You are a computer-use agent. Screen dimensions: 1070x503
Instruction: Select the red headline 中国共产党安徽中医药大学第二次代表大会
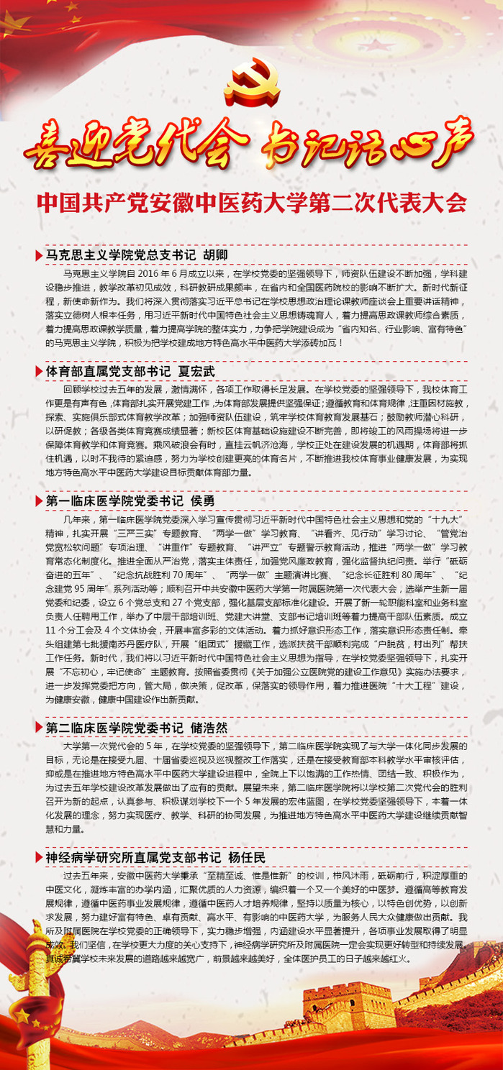[251, 202]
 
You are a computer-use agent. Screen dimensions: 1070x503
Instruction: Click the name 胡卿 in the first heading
[215, 255]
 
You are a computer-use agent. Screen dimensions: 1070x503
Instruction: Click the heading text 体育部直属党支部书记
[109, 372]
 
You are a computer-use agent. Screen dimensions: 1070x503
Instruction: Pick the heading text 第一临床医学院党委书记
[114, 500]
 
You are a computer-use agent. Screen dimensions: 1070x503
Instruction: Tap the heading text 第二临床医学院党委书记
[114, 728]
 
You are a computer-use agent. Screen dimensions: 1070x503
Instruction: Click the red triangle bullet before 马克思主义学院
[39, 255]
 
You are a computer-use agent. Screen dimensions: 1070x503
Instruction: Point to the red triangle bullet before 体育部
[39, 372]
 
